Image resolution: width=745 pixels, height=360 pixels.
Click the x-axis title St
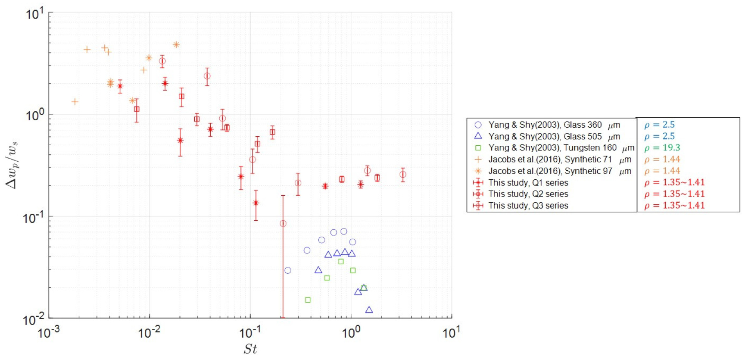pyautogui.click(x=250, y=348)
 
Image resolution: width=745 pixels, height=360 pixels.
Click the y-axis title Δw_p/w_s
pyautogui.click(x=12, y=165)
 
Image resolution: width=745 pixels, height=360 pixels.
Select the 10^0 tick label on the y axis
pyautogui.click(x=34, y=115)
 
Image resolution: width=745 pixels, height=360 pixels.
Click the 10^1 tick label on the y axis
pyautogui.click(x=34, y=14)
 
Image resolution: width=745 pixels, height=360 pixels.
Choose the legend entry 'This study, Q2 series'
pyautogui.click(x=528, y=194)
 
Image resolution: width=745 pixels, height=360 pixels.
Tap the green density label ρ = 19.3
pyautogui.click(x=662, y=148)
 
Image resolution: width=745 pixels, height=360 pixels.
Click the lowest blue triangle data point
pyautogui.click(x=369, y=310)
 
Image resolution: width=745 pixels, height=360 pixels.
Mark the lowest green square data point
pyautogui.click(x=308, y=300)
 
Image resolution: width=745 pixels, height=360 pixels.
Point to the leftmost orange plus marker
pyautogui.click(x=75, y=102)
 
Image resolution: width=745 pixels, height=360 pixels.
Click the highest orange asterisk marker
pyautogui.click(x=176, y=45)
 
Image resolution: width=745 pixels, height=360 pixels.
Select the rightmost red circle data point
pyautogui.click(x=402, y=175)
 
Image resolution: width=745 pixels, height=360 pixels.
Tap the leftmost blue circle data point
pyautogui.click(x=288, y=270)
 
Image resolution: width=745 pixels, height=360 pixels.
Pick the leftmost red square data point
pyautogui.click(x=137, y=110)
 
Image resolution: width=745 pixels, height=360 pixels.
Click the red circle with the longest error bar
pyautogui.click(x=283, y=223)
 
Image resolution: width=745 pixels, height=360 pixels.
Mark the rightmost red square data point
pyautogui.click(x=377, y=178)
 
